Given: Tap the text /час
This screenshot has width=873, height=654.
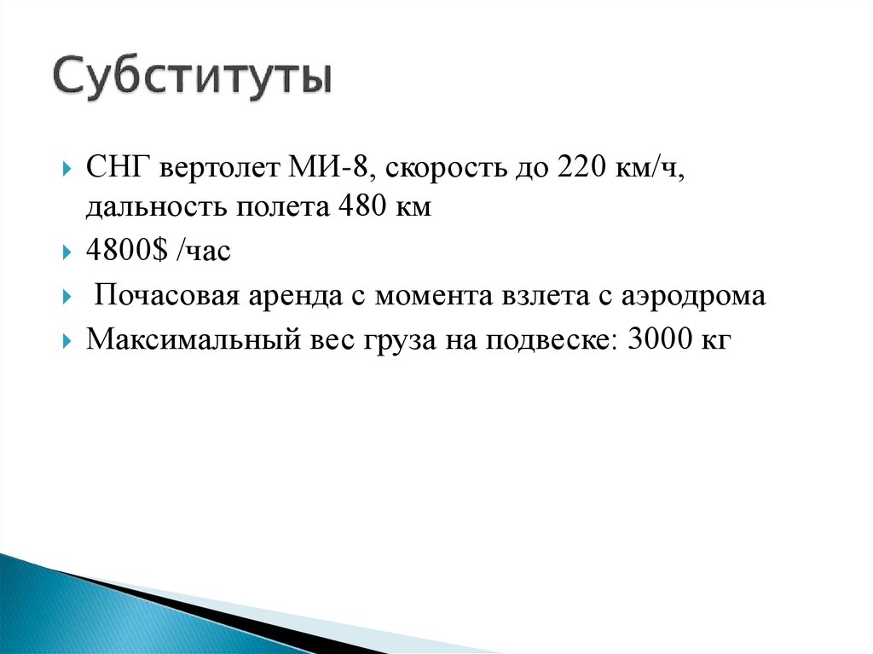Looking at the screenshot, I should [x=201, y=253].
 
